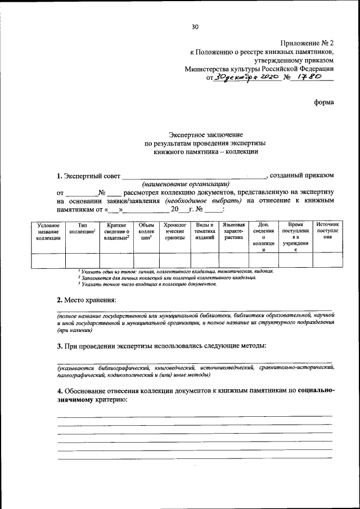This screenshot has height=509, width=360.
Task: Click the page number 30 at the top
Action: [x=195, y=26]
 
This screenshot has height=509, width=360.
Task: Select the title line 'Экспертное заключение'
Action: [x=206, y=134]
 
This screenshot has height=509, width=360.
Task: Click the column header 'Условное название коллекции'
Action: [x=48, y=231]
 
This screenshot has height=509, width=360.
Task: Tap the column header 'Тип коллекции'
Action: [x=83, y=228]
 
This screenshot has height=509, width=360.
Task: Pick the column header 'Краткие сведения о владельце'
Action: [x=116, y=231]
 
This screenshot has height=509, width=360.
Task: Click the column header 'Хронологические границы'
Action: [x=175, y=231]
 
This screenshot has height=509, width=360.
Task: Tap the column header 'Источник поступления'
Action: [x=327, y=231]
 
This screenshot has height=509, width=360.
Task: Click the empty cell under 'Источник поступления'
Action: [x=327, y=260]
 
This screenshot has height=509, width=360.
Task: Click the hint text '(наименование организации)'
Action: [x=186, y=183]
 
